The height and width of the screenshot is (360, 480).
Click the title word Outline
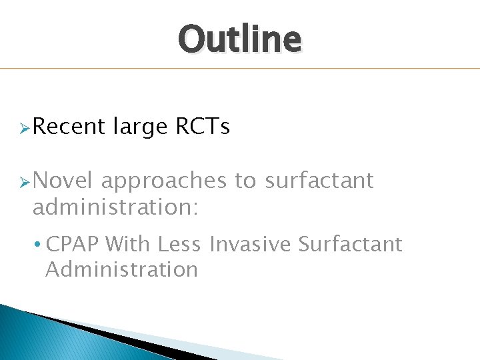click(x=239, y=39)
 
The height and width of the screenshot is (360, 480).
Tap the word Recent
click(x=69, y=126)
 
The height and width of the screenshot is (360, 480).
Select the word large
click(x=140, y=127)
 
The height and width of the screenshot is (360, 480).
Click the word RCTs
click(x=203, y=126)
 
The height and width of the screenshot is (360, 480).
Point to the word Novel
click(x=64, y=180)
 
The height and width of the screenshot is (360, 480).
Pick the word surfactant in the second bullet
click(x=319, y=180)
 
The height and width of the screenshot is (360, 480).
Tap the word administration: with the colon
click(x=115, y=207)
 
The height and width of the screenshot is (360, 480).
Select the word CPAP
click(x=73, y=245)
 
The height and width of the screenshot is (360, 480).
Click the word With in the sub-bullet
click(x=129, y=245)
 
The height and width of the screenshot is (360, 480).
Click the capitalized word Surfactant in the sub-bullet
click(x=350, y=245)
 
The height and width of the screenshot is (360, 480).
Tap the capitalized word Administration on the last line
click(x=121, y=269)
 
